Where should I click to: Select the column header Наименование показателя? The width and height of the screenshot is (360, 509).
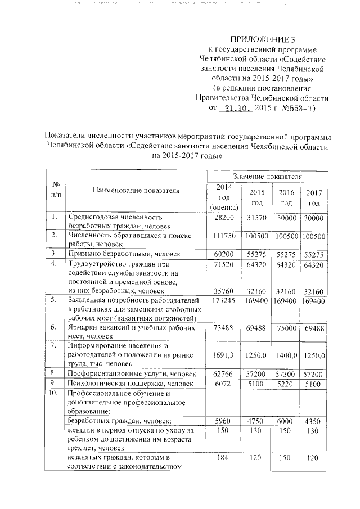pos(136,190)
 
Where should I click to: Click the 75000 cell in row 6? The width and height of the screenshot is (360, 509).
pos(286,328)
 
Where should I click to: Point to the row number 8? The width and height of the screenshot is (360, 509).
pos(54,373)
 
